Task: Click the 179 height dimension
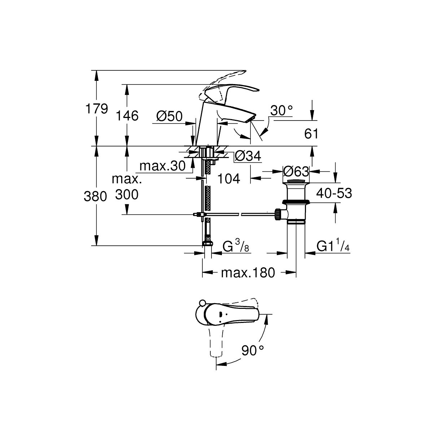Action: coord(97,109)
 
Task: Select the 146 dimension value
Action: coord(127,116)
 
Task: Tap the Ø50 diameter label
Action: coord(170,116)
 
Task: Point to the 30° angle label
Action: coord(281,110)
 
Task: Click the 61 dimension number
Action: coord(311,134)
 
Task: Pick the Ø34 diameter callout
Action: coord(248,156)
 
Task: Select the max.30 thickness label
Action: coord(162,166)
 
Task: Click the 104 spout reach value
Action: coord(229,179)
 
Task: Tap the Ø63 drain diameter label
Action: coord(296,172)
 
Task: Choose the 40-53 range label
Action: coord(334,193)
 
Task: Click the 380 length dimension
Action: coord(95,196)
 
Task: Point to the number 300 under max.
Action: coord(127,194)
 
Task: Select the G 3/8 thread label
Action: coord(236,246)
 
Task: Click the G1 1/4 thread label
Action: coord(333,246)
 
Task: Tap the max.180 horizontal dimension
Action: coord(248,273)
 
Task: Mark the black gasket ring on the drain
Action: coord(296,202)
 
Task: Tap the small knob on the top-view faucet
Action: coord(202,303)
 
